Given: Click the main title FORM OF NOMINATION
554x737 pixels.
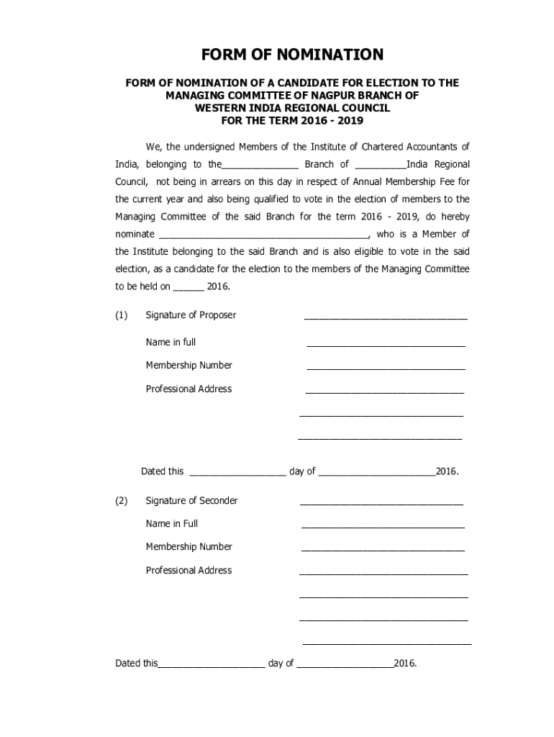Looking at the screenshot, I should coord(292,55).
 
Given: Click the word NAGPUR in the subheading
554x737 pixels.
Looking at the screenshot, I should coord(324,95).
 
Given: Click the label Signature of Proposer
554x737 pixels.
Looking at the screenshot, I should coord(191,315).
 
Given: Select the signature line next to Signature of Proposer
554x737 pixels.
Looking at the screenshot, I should coord(386,318).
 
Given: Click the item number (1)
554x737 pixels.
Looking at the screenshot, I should coord(122,315).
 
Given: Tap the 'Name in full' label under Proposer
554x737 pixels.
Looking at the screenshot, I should coord(171,342).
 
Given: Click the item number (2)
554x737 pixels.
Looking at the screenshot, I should coord(122,500).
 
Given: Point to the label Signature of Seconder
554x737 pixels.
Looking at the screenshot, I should coord(191,500).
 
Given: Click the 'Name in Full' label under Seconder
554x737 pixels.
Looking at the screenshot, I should coord(172,523).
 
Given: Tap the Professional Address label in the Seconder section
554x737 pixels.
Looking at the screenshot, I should coord(189,570).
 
